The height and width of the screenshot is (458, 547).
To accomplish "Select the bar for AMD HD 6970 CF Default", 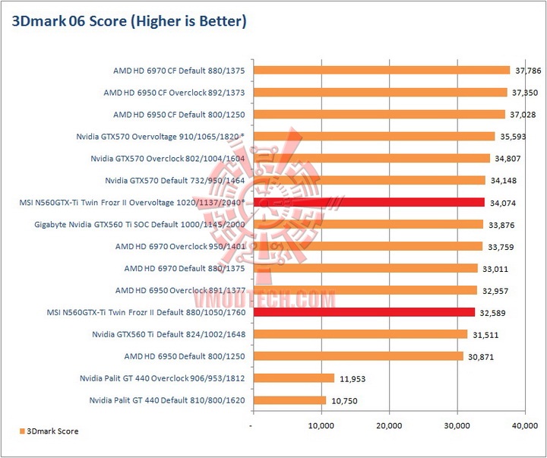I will point(381,70).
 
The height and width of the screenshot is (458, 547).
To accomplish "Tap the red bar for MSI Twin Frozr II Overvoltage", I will point(368,202).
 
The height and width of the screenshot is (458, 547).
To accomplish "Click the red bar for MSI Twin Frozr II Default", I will point(364,312).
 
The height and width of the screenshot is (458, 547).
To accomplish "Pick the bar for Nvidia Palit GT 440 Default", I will point(289,400).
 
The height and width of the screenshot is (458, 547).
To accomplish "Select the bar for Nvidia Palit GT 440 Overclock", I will point(294,378).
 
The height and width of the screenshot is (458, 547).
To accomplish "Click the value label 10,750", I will point(344,401).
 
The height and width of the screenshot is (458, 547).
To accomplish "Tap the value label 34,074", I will point(503,203).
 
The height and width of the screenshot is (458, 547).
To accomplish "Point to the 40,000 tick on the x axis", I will point(524,426).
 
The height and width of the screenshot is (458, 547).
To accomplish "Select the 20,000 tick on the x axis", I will point(389,426).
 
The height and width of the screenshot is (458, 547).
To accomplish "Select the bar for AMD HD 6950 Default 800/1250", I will point(358,356).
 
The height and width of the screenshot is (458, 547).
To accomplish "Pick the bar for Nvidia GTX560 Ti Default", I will point(360,334).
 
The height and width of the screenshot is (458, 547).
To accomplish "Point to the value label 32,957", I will point(495,291).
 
